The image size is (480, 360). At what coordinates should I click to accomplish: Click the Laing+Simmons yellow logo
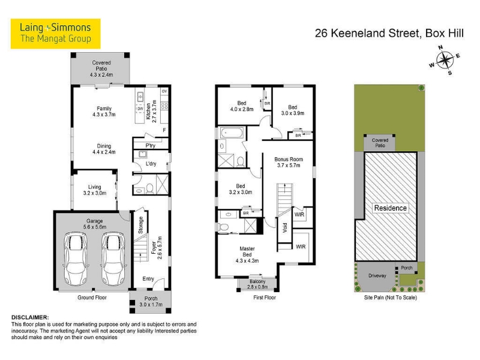(x=55, y=34)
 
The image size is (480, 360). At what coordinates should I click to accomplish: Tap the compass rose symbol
(x=445, y=60)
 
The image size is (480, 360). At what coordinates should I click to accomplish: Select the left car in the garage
(x=76, y=259)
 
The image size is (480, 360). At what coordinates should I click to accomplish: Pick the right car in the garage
(x=113, y=259)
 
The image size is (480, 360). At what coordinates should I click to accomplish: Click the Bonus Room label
(x=289, y=162)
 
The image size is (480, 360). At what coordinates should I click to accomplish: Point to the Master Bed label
(x=247, y=254)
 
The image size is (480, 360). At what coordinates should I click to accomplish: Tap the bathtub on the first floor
(x=232, y=133)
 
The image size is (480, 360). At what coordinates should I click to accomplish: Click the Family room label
(x=104, y=112)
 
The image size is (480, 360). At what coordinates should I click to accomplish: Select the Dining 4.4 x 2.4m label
(x=104, y=149)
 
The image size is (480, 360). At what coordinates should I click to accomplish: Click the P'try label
(x=151, y=145)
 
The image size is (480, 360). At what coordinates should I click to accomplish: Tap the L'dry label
(x=151, y=164)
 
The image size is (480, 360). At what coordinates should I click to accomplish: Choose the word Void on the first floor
(x=285, y=227)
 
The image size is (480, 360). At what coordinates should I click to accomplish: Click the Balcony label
(x=257, y=284)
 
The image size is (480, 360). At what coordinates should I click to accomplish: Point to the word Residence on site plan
(x=391, y=208)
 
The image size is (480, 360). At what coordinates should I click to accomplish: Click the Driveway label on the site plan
(x=377, y=275)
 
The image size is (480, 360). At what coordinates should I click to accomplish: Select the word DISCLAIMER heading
(x=30, y=317)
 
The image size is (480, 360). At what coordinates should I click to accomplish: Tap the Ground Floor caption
(x=92, y=297)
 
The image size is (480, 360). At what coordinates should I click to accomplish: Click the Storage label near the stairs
(x=141, y=225)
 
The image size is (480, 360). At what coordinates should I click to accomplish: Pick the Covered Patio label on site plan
(x=380, y=143)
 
